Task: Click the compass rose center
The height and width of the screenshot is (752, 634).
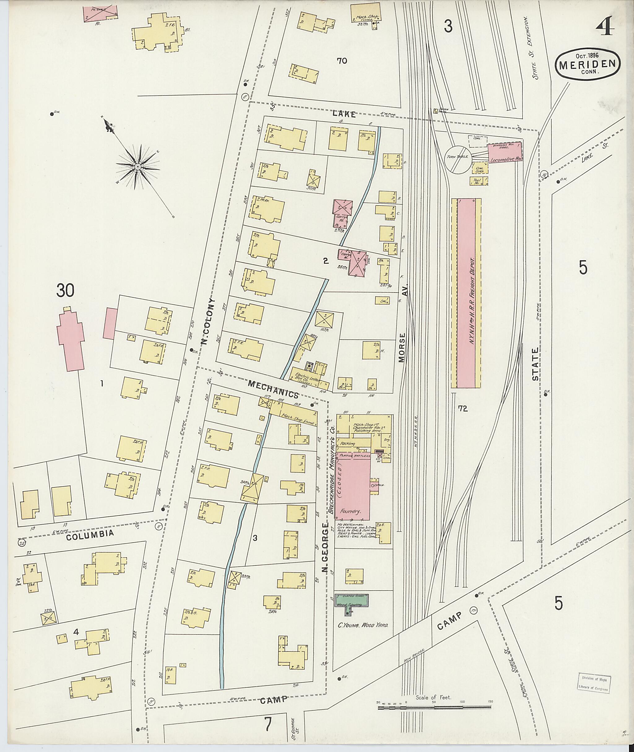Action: pyautogui.click(x=138, y=167)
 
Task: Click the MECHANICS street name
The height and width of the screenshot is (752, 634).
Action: pyautogui.click(x=273, y=389)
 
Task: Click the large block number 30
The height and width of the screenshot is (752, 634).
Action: pyautogui.click(x=65, y=291)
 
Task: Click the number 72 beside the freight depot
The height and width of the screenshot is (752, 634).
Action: pyautogui.click(x=463, y=408)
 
